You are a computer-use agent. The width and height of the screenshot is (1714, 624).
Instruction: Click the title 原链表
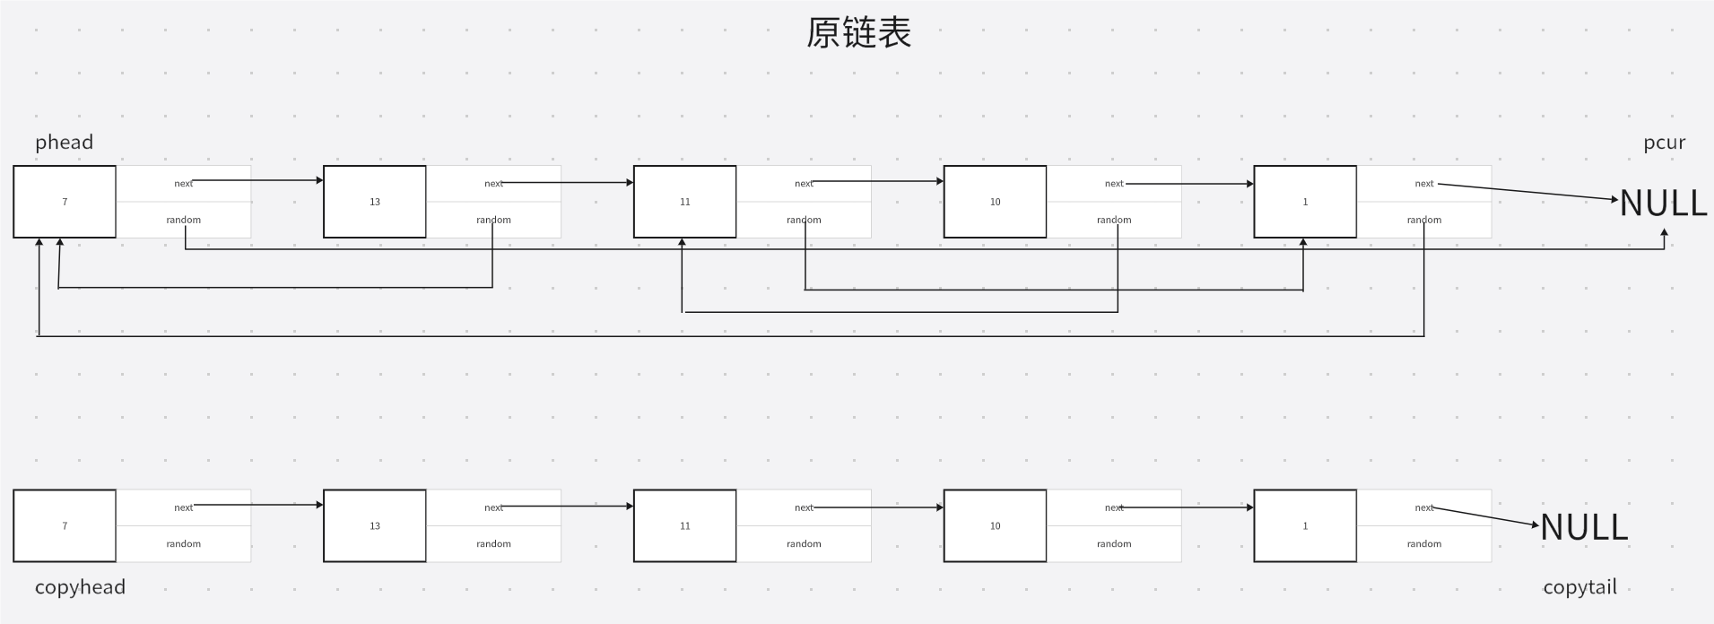[x=858, y=33]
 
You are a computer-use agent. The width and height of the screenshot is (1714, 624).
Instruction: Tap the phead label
[x=64, y=142]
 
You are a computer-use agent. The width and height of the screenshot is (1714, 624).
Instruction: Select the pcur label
[x=1664, y=142]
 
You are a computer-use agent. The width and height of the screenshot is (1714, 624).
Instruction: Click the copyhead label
[x=80, y=586]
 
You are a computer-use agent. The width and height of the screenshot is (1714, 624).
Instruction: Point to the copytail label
[x=1579, y=586]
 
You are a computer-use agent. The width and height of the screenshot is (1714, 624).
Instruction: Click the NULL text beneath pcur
[x=1663, y=204]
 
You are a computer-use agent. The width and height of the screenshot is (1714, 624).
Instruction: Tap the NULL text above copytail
[x=1584, y=527]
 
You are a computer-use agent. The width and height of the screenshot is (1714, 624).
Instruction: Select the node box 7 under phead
[x=65, y=202]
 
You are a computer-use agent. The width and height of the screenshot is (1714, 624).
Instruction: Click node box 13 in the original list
[x=375, y=202]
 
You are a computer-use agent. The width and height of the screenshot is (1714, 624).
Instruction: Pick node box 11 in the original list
[x=685, y=202]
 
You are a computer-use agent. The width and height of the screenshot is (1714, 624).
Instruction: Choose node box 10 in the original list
[x=995, y=202]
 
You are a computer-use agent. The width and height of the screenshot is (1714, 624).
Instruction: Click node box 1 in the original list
[x=1305, y=202]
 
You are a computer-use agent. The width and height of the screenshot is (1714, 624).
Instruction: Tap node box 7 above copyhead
[x=65, y=526]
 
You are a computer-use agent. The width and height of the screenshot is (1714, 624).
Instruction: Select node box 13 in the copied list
[x=375, y=526]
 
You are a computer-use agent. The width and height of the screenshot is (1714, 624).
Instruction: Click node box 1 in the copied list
[x=1305, y=526]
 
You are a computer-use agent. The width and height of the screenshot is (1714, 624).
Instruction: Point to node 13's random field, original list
[x=493, y=220]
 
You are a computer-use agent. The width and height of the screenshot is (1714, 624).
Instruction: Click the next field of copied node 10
[x=1114, y=507]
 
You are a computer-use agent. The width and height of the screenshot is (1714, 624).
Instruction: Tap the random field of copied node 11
[x=804, y=544]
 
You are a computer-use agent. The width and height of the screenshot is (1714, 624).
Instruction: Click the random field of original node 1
[x=1423, y=220]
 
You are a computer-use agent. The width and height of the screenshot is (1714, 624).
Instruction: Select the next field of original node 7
[x=183, y=184]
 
